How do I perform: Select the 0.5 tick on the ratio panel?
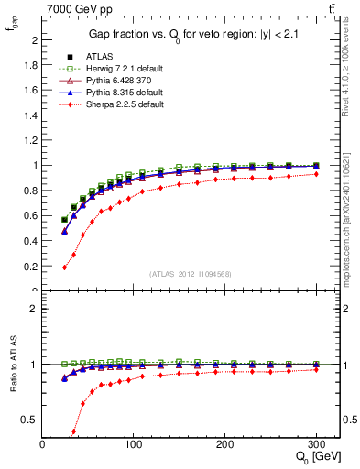coord(31,420)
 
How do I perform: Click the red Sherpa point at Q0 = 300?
coord(316,174)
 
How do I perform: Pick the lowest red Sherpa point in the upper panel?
coord(64,267)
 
